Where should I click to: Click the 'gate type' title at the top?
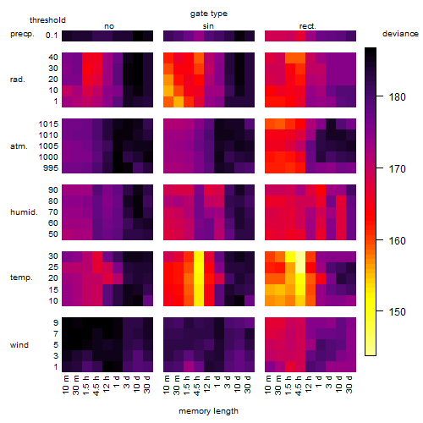tap(209, 14)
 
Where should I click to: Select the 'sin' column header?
tap(208, 26)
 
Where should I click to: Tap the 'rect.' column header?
tap(308, 26)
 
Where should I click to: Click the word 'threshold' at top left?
tap(47, 20)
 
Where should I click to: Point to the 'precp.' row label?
tap(22, 34)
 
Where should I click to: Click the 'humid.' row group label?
tap(24, 212)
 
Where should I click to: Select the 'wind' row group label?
tap(19, 345)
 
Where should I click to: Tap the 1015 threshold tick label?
tap(48, 124)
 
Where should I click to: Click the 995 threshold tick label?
tap(51, 168)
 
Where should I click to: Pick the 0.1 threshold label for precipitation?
tap(52, 36)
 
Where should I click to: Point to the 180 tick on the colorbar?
tap(397, 97)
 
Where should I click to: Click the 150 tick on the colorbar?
tap(397, 312)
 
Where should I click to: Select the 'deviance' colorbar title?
tap(400, 34)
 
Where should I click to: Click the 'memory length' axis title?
tap(208, 411)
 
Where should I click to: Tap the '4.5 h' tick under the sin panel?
tap(197, 386)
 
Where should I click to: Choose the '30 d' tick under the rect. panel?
tap(349, 384)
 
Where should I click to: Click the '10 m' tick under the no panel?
tap(65, 385)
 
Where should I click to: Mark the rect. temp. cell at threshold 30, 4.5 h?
tap(300, 256)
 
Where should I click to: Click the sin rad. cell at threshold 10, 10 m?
tap(168, 91)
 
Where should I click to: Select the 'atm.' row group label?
tap(19, 146)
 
